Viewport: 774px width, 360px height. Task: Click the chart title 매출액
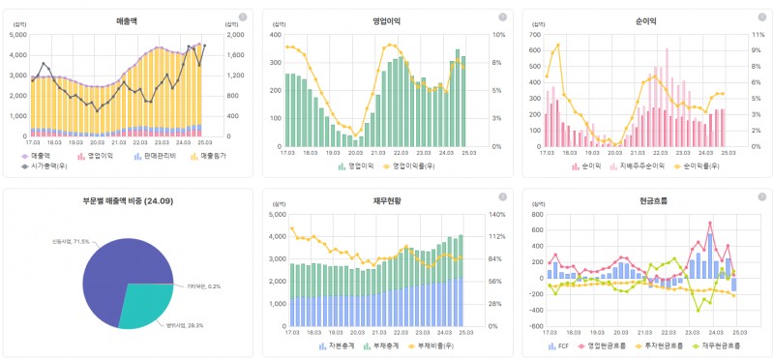pyautogui.click(x=127, y=19)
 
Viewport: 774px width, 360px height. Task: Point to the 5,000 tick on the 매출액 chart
pyautogui.click(x=18, y=35)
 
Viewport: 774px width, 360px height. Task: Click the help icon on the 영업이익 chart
pyautogui.click(x=501, y=17)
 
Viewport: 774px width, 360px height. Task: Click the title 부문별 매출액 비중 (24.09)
pyautogui.click(x=127, y=201)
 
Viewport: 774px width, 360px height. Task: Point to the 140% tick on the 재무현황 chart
pyautogui.click(x=499, y=214)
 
